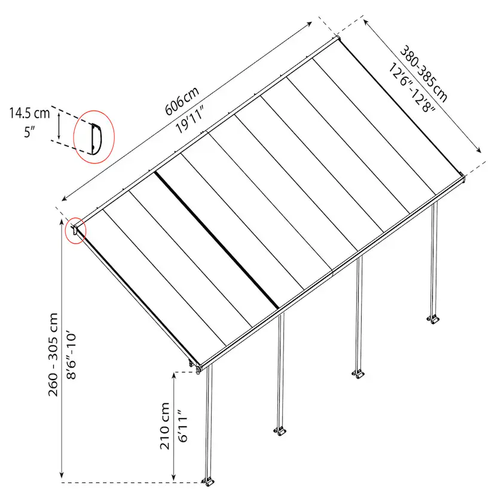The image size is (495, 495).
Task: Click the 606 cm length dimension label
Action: [x=182, y=100]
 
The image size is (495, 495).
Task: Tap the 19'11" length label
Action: [x=190, y=120]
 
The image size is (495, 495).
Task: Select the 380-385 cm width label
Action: [x=424, y=75]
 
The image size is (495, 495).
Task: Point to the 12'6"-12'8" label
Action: [x=411, y=88]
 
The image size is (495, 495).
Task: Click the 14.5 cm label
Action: [x=29, y=113]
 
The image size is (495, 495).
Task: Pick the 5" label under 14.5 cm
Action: [x=29, y=132]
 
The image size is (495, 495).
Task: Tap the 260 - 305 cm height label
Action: [x=53, y=355]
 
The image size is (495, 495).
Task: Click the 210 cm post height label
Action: [x=165, y=426]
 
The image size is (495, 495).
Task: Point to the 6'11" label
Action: [x=183, y=426]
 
